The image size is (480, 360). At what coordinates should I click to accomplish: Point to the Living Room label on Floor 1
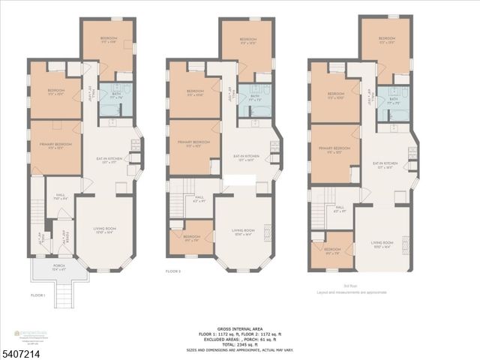104,231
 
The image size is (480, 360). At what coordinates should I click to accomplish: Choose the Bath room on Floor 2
255,98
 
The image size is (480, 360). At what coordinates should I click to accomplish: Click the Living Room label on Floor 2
243,232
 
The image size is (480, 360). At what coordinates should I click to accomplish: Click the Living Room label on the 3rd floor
382,244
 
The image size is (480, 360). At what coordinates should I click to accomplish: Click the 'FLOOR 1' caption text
38,295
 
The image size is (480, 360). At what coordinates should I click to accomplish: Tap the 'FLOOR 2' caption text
174,271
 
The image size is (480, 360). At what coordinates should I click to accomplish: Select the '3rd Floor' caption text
327,286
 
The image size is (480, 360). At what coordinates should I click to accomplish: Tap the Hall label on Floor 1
61,197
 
